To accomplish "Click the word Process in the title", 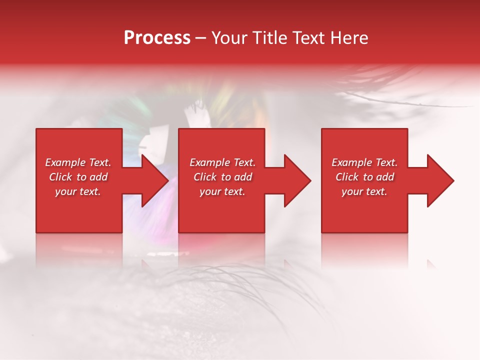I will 157,38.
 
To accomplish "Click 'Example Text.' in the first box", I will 78,162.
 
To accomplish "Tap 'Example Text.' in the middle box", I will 222,162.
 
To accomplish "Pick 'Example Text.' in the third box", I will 364,162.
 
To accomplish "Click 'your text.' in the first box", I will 78,191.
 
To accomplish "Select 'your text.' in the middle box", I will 222,191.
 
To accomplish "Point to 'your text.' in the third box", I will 364,191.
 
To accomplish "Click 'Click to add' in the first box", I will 78,177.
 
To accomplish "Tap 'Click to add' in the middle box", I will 222,177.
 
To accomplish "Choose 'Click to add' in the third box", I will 364,177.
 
